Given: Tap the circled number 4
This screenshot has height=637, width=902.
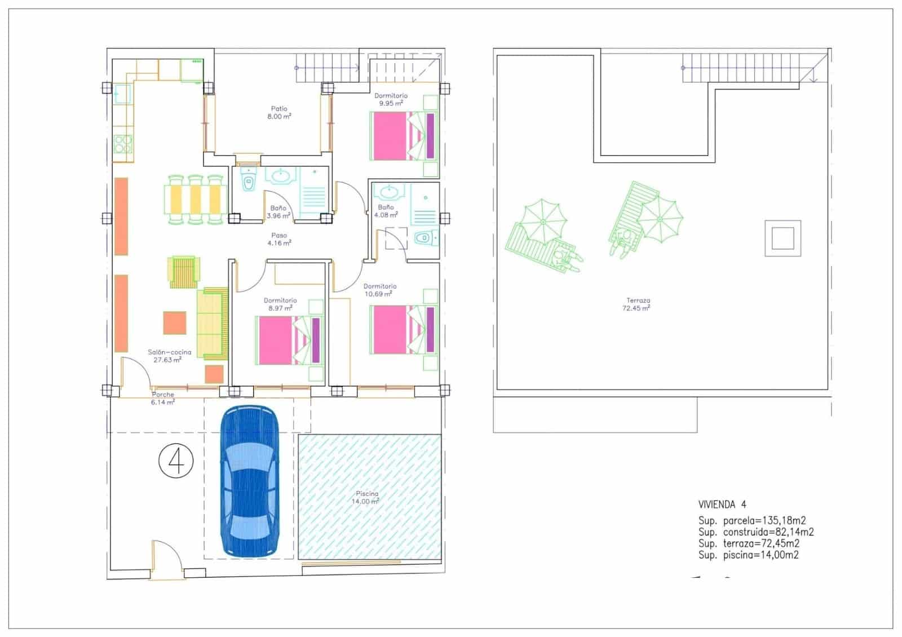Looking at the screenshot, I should tap(176, 461).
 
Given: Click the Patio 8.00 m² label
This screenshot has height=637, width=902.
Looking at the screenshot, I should tap(279, 113).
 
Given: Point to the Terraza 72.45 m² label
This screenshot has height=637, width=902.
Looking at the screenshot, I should tap(637, 304).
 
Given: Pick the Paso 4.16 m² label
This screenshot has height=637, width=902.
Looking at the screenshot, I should tap(279, 240).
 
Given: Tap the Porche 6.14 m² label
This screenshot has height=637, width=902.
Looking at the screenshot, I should tap(162, 398).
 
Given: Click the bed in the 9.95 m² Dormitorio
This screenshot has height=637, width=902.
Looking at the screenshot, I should tap(403, 136).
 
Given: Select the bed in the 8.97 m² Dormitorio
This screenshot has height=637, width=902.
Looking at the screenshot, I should tap(289, 340).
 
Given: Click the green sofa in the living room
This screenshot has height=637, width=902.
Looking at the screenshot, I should tap(212, 324).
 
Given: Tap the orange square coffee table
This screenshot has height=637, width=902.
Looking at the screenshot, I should tap(175, 322).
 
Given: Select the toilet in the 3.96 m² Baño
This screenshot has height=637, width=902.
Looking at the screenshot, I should tap(247, 181).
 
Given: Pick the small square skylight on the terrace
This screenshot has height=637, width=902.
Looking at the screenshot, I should tap(782, 237).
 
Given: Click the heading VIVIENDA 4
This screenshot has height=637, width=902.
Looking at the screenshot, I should tap(722, 505).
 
